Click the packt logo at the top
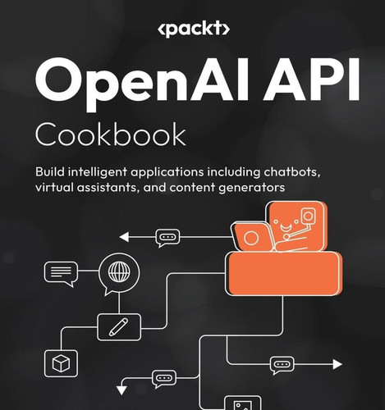point(194,29)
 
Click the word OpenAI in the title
point(142,84)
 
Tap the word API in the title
point(311,79)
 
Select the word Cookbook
point(111,134)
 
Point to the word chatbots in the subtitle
point(292,172)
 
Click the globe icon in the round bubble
point(119,272)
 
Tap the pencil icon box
point(119,327)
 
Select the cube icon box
point(61,363)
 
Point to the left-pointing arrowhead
point(124,237)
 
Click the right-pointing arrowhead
point(337,364)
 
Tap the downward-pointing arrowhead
point(121,390)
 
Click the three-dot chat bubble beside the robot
point(167,238)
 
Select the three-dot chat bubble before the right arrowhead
point(282,365)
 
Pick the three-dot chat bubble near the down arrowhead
point(164,379)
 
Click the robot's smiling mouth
point(286,226)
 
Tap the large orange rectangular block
point(283,274)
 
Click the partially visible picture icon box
point(243,403)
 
